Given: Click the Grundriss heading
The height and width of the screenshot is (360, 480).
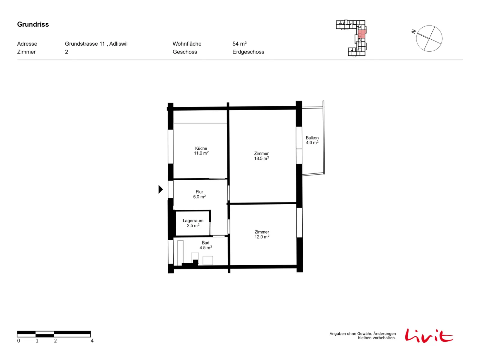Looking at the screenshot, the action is pos(33,24).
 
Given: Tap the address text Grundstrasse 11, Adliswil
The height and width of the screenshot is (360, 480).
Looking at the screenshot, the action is pos(96,44).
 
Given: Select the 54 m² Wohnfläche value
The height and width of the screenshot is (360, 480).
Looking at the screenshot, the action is pos(239,44).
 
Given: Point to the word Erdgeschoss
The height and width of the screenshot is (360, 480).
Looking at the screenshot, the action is pos(248,52).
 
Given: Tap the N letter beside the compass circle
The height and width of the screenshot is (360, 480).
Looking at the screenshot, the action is pos(413,32).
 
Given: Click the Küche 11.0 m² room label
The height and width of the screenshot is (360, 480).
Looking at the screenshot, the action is pos(201,151).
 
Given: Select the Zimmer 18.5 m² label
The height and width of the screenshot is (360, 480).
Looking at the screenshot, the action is pos(261,156).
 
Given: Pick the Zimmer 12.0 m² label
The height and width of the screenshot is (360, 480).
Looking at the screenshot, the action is pos(262,234).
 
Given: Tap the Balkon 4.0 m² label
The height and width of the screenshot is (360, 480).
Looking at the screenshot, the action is pos(312,140).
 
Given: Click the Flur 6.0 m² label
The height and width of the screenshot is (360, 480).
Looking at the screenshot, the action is pos(199,194).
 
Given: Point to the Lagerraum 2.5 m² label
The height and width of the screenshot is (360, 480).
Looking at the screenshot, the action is pos(193,223).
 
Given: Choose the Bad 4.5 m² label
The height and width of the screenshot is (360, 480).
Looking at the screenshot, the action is pos(205,245).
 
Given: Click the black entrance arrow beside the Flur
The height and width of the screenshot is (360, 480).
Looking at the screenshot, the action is pos(160,189).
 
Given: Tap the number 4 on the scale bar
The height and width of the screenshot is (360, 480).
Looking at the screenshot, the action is pos(92,340).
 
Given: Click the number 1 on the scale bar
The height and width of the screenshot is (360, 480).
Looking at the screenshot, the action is pos(37,340).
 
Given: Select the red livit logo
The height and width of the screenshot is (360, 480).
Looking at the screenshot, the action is pos(429,336).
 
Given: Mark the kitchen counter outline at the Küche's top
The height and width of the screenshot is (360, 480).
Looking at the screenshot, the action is pos(200,117).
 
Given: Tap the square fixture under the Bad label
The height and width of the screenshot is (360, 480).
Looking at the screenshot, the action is pos(208,260).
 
